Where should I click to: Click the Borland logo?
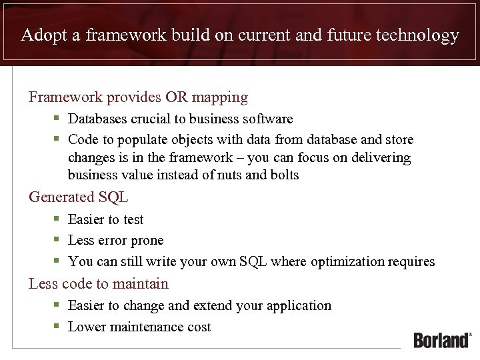(442, 339)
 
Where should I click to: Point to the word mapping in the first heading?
(220, 97)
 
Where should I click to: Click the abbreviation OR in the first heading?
(177, 97)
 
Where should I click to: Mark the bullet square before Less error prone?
(57, 240)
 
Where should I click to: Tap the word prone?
(147, 241)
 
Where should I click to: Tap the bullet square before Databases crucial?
(57, 119)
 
